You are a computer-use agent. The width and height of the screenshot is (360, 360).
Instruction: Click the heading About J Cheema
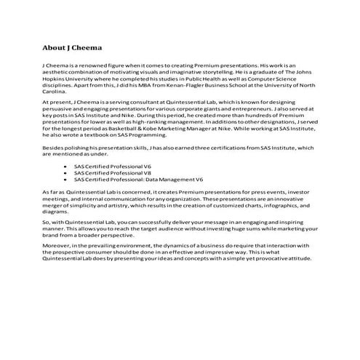click(71, 49)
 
